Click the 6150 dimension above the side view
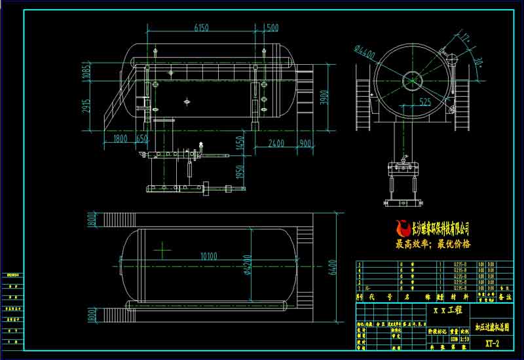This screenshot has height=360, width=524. pos(201,27)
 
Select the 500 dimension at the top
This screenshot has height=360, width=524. pos(272,27)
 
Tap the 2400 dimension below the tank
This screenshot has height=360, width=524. pos(276,142)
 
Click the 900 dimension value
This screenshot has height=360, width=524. pos(305,142)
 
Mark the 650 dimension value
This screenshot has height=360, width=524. pos(142,138)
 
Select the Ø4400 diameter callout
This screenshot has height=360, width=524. pos(364,52)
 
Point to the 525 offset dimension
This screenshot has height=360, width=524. pos(424,101)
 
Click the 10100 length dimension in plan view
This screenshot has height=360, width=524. pos(209,255)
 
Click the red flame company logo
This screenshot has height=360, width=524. pos(402,228)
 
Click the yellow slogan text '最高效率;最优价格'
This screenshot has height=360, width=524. pos(433,244)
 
